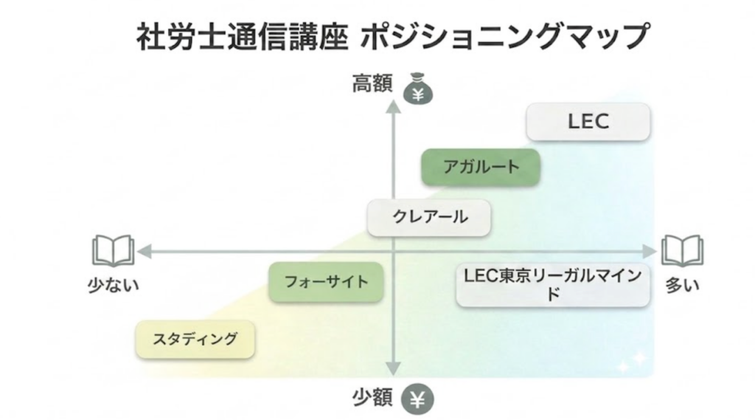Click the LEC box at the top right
click(588, 122)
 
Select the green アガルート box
click(481, 166)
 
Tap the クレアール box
click(429, 217)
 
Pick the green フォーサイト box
click(326, 281)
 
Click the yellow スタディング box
click(195, 340)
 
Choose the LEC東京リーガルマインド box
click(553, 284)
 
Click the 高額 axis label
click(373, 84)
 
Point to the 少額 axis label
click(373, 399)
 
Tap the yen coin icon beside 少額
click(417, 400)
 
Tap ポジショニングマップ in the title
click(504, 35)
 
